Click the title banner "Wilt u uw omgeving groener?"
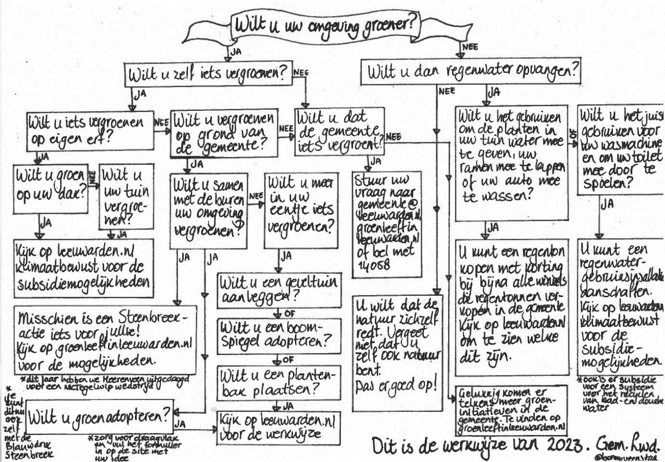(x=324, y=25)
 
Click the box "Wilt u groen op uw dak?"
(x=51, y=189)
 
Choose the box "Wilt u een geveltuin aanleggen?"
(x=279, y=289)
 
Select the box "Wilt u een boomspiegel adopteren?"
(x=279, y=335)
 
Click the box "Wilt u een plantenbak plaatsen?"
(x=279, y=383)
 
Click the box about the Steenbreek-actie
(x=105, y=339)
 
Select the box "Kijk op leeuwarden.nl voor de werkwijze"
(x=279, y=428)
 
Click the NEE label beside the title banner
(x=470, y=47)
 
